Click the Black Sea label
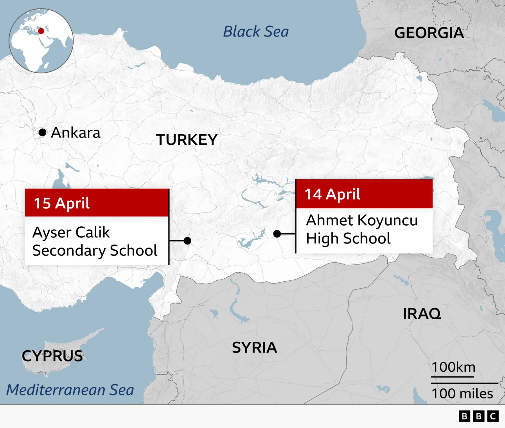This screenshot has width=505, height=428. (256, 32)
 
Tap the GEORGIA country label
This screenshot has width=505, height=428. (429, 33)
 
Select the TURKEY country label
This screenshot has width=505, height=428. (186, 140)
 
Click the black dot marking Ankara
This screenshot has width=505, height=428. (42, 132)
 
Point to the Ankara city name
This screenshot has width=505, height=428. (76, 133)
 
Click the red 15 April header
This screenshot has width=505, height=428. (97, 203)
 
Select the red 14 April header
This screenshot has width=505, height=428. (364, 194)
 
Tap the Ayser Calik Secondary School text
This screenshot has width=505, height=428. (95, 241)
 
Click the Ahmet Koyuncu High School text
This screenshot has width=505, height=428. (362, 229)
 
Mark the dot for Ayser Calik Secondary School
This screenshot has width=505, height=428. (187, 241)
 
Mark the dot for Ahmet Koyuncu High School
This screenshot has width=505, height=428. (277, 234)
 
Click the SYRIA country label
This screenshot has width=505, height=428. (254, 348)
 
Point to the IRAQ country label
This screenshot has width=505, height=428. (421, 314)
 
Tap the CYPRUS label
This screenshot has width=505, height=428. (52, 356)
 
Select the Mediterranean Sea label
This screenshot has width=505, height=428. (70, 390)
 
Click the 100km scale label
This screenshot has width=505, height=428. (453, 367)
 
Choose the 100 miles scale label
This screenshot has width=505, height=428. (462, 393)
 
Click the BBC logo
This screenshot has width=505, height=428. (478, 416)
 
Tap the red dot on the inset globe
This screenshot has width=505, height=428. (41, 31)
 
